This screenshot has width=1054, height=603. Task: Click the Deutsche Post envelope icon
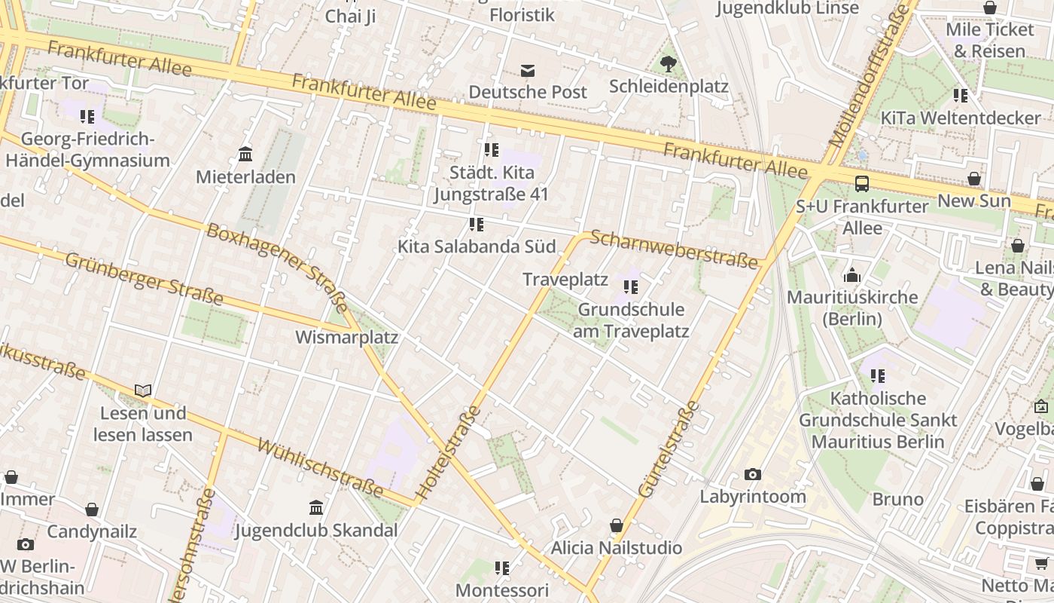[528, 71]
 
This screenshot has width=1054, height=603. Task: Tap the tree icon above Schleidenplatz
[668, 63]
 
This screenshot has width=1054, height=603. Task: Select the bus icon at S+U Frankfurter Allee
[862, 183]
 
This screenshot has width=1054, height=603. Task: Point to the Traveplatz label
[565, 280]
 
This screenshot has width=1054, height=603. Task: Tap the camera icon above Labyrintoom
[752, 474]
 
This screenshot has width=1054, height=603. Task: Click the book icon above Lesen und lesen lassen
[143, 390]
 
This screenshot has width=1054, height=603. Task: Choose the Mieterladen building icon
[245, 155]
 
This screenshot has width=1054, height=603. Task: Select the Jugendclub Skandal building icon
[316, 507]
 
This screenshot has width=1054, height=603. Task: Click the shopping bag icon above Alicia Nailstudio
[617, 525]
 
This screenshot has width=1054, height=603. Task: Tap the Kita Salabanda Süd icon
[476, 225]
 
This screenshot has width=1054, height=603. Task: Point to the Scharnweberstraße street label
[674, 249]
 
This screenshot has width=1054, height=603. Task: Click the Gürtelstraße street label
[669, 450]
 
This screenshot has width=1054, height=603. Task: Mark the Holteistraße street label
[449, 454]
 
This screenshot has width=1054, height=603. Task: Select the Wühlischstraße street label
[321, 467]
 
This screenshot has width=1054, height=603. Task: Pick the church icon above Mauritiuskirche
[852, 275]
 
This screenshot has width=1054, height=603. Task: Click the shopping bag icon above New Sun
[974, 179]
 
